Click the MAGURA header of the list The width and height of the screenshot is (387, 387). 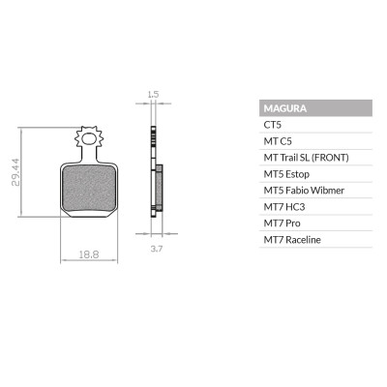click(x=284, y=108)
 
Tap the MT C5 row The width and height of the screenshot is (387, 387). click(x=277, y=141)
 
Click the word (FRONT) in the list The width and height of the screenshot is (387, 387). click(x=329, y=158)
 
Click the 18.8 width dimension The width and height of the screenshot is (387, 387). click(x=89, y=254)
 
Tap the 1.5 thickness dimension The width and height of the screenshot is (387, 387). click(x=153, y=95)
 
